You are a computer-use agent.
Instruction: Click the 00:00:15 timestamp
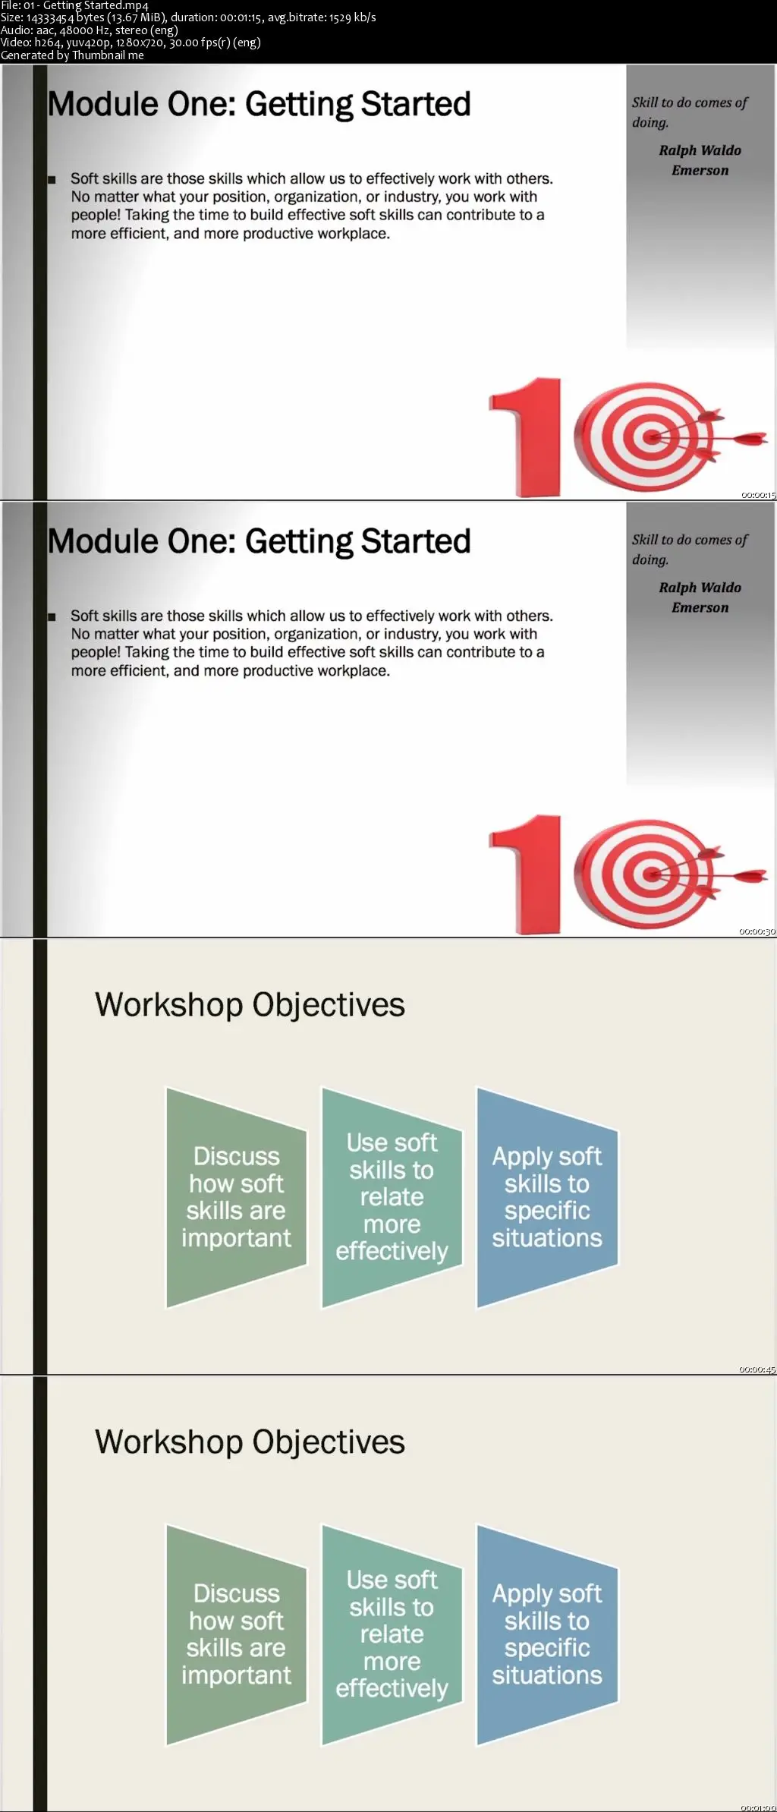(758, 495)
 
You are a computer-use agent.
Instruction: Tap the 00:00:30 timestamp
(757, 931)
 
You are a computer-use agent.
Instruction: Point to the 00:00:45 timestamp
(757, 1369)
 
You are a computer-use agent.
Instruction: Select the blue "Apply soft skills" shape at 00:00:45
(547, 1198)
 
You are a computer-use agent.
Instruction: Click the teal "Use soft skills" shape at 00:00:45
(392, 1197)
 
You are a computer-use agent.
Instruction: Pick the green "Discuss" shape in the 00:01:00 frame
(237, 1635)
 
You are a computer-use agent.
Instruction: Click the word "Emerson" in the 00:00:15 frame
(700, 170)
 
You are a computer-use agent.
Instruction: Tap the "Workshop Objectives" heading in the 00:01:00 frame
(250, 1442)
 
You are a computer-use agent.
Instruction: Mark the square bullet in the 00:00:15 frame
(52, 180)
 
